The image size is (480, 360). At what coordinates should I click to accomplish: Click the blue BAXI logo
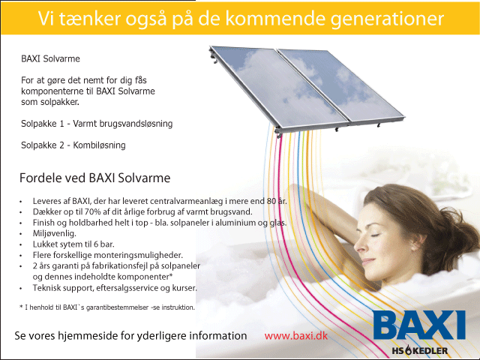[419, 325]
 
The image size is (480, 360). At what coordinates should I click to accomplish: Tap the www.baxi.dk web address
[295, 336]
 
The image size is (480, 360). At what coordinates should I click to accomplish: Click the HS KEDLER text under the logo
[420, 351]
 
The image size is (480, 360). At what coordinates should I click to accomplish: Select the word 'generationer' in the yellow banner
[387, 19]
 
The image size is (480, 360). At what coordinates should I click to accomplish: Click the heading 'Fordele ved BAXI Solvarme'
[95, 178]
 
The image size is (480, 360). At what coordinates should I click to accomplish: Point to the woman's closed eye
[375, 235]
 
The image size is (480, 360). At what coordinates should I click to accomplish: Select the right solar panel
[341, 85]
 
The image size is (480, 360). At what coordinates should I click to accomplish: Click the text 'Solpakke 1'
[43, 124]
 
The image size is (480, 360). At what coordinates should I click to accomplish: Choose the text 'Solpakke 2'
[43, 145]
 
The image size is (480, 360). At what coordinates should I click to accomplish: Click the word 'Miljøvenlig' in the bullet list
[54, 233]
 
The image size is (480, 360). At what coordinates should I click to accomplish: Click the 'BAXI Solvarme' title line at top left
[50, 58]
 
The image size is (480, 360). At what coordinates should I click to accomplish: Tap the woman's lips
[367, 262]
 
